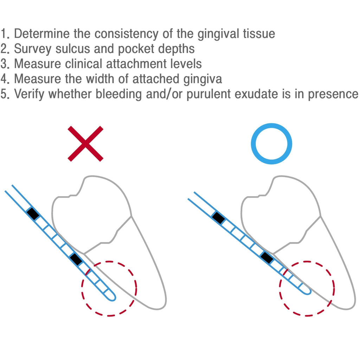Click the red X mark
click(x=85, y=143)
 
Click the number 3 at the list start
click(x=5, y=64)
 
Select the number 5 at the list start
click(x=5, y=95)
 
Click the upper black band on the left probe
click(x=33, y=214)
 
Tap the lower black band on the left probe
click(x=76, y=259)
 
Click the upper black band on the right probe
click(x=218, y=218)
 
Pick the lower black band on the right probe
click(x=267, y=258)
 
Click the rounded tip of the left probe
click(x=112, y=296)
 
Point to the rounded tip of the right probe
click(x=307, y=290)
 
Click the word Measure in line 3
click(x=38, y=64)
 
